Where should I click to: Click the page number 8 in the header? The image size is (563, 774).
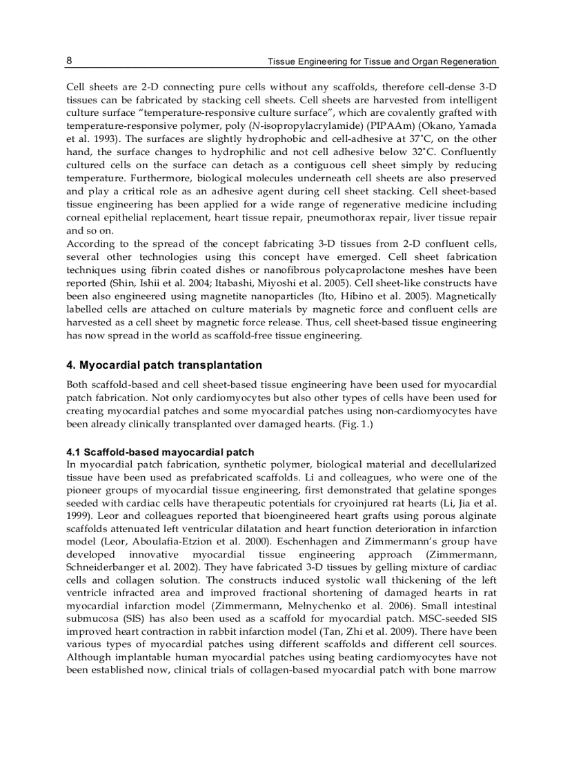point(69,61)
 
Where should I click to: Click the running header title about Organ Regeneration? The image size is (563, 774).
point(382,61)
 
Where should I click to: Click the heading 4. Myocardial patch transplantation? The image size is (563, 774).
point(164,365)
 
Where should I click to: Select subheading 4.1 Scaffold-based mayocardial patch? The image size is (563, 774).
point(160,452)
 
